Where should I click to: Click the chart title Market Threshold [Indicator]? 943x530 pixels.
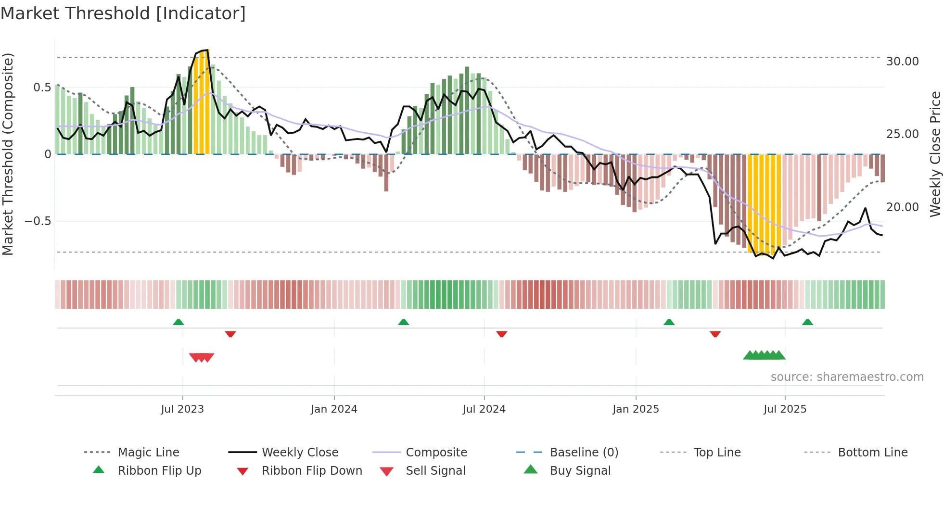coord(123,13)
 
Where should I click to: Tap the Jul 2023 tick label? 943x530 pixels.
coord(182,409)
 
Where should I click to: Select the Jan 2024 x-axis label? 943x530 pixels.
coord(334,409)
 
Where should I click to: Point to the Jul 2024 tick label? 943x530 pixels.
coord(484,409)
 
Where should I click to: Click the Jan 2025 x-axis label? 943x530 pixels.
coord(636,409)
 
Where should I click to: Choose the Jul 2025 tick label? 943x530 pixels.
coord(785,409)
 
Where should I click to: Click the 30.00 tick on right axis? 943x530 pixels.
coord(902,62)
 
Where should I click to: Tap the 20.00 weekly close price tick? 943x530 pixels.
coord(902,207)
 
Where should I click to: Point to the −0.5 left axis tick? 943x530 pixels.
coord(38,221)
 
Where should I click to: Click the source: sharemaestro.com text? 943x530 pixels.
coord(847,377)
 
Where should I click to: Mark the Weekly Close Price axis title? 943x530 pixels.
coord(935,154)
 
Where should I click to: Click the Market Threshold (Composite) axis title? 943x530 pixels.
coord(8,154)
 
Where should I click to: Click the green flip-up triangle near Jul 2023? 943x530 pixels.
coord(178,322)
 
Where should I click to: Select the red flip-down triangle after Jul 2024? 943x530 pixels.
coord(502,334)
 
